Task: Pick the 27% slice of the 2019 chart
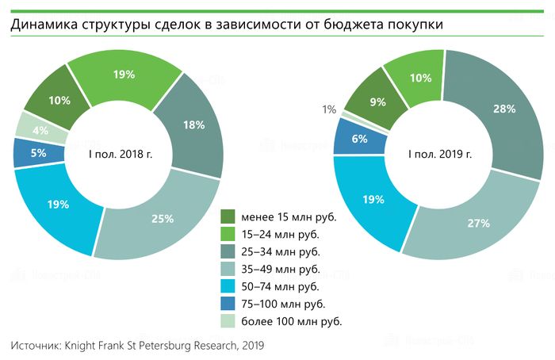[x=477, y=223]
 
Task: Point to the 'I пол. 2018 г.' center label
[x=120, y=154]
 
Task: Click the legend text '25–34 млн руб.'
[x=281, y=251]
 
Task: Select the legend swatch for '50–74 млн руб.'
[x=228, y=286]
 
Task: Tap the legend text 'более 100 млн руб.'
[x=292, y=321]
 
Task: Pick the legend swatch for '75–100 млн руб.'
[x=228, y=304]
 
